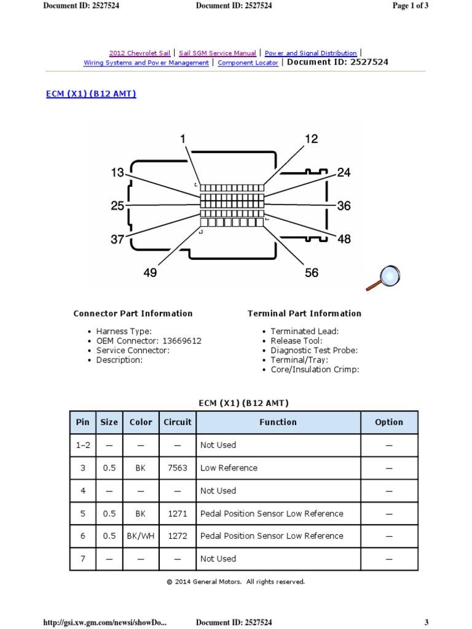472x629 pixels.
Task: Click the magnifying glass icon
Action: point(382,277)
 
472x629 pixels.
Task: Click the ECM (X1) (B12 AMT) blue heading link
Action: point(91,94)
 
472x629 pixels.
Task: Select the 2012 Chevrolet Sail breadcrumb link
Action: point(140,53)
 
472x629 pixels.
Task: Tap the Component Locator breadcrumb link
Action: point(248,63)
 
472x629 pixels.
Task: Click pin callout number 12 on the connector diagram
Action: point(311,139)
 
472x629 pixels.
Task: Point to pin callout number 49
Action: point(150,272)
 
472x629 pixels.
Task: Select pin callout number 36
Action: point(344,206)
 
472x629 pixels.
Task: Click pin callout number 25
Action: point(117,206)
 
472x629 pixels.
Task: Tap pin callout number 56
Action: point(312,272)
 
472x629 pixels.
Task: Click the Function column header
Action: point(278,422)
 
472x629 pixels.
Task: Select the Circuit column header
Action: point(178,422)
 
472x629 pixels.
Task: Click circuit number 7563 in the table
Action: point(178,468)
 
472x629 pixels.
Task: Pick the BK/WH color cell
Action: point(141,536)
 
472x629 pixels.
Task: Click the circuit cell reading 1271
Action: point(178,514)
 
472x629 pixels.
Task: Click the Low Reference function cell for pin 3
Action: point(229,468)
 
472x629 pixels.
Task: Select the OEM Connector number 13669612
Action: point(181,341)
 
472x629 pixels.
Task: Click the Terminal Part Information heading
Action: point(304,313)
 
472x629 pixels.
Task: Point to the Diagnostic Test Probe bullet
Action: point(314,350)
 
